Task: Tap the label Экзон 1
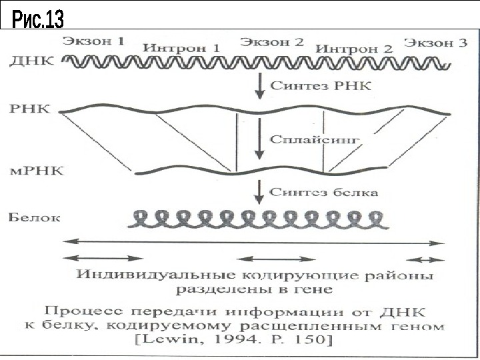tap(94, 41)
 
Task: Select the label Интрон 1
tap(181, 49)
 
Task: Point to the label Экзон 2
tap(272, 41)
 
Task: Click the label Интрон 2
tap(354, 49)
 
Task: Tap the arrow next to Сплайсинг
tap(259, 140)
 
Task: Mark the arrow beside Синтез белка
tap(259, 192)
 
